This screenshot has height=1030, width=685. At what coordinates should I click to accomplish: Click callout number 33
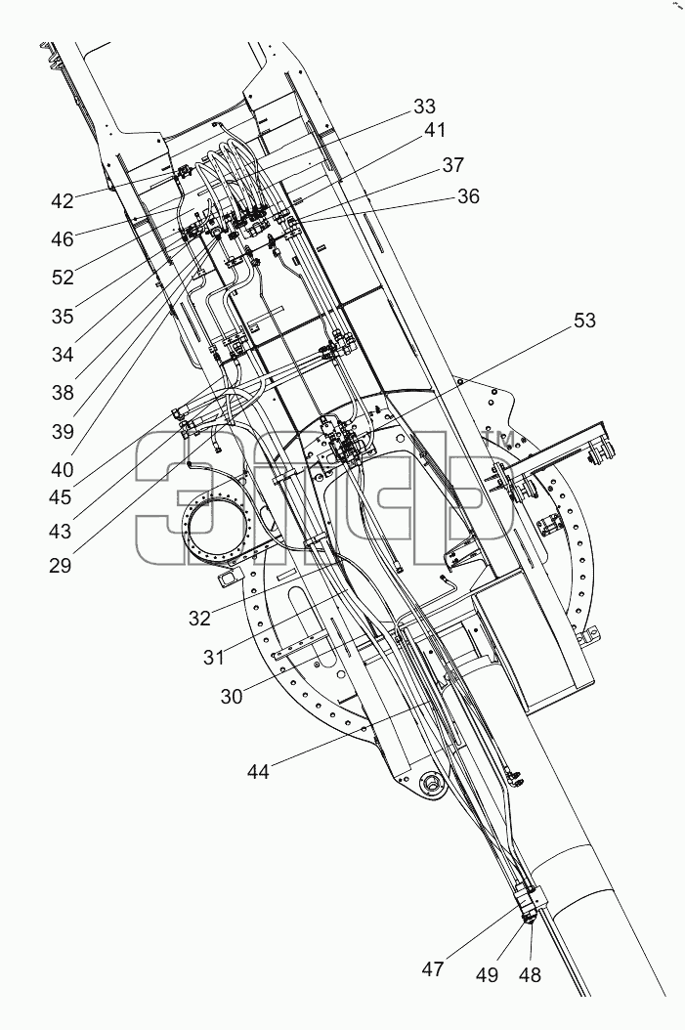pos(425,107)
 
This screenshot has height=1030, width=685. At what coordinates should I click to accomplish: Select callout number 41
pos(434,131)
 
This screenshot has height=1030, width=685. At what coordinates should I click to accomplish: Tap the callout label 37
pos(452,165)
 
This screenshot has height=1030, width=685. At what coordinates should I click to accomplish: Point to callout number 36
pos(468,195)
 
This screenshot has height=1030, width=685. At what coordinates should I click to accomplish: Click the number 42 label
pos(63,201)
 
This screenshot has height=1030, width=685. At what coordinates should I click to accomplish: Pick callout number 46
pos(63,239)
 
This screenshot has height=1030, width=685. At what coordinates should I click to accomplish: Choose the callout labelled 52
pos(64,278)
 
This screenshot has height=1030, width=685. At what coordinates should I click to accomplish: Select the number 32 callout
pos(199,619)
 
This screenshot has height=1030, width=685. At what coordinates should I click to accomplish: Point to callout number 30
pos(232,697)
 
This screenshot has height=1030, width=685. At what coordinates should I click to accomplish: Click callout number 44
pos(258,771)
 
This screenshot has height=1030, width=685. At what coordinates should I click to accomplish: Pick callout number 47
pos(433,968)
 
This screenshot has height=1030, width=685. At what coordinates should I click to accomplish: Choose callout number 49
pos(488,975)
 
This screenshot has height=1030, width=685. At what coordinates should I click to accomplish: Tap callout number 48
pos(530,975)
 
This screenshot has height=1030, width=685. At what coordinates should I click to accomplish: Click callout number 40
pos(63,470)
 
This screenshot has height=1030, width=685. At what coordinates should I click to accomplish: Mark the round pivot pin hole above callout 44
pos(433,783)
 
